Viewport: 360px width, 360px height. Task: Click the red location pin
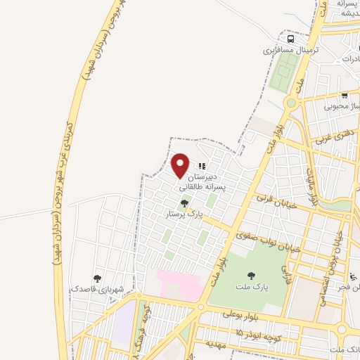point(180,165)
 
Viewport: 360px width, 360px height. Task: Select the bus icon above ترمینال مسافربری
point(291,39)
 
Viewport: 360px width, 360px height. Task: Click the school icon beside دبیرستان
point(202,167)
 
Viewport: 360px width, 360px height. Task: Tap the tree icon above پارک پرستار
point(184,204)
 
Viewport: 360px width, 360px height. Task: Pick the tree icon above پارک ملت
point(251,275)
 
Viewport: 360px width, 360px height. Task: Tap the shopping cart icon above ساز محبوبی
point(345,96)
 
